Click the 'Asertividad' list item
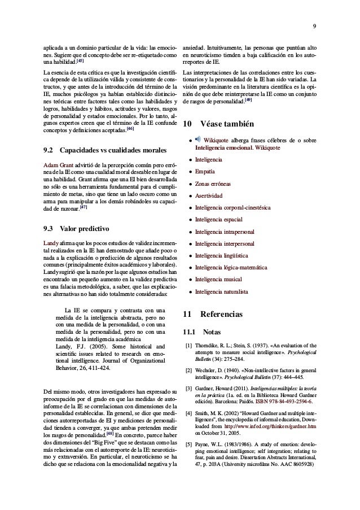coord(209,196)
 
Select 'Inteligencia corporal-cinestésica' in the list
coord(233,208)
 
